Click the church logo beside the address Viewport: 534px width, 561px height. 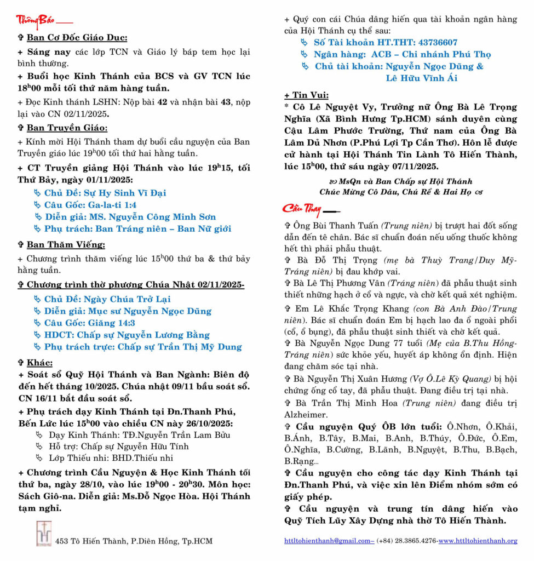click(x=43, y=533)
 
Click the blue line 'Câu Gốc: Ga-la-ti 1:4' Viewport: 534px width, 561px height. click(x=90, y=205)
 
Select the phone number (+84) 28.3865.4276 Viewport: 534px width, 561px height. click(x=406, y=541)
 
